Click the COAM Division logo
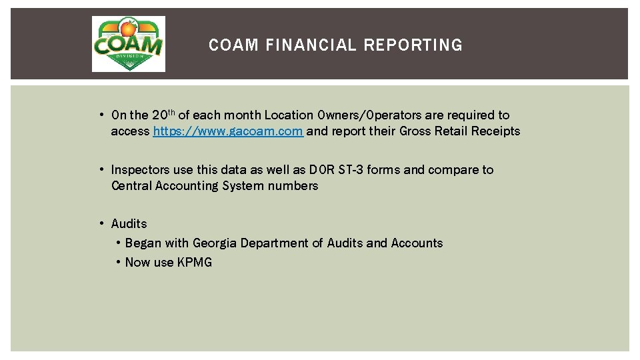pyautogui.click(x=128, y=44)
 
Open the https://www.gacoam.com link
pyautogui.click(x=228, y=131)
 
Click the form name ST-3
pyautogui.click(x=351, y=170)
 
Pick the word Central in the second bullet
pyautogui.click(x=131, y=186)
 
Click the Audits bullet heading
pyautogui.click(x=129, y=224)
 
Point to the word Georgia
pyautogui.click(x=215, y=243)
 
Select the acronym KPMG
pyautogui.click(x=195, y=263)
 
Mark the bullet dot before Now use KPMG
pyautogui.click(x=117, y=263)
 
